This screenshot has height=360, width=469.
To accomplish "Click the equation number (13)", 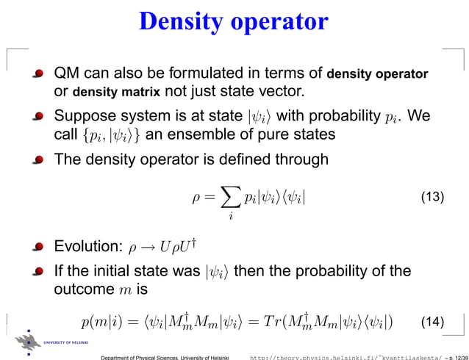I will (x=431, y=198).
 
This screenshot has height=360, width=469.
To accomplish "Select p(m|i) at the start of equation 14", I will (x=102, y=321).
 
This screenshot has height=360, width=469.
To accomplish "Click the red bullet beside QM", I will (x=38, y=74).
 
